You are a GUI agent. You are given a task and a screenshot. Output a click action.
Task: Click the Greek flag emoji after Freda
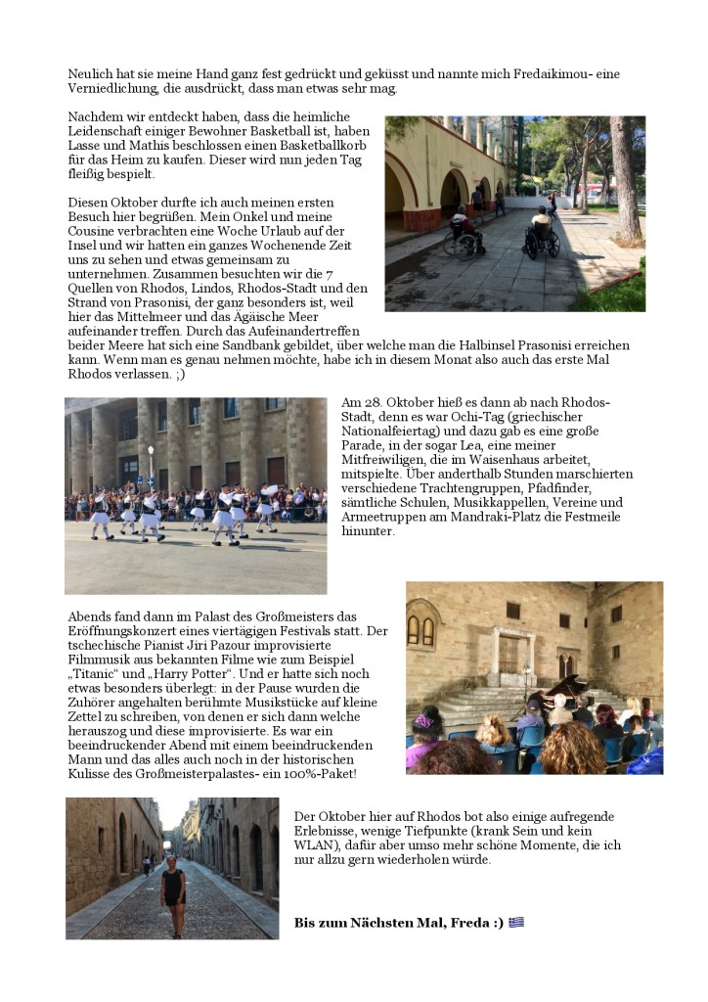click(516, 922)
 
